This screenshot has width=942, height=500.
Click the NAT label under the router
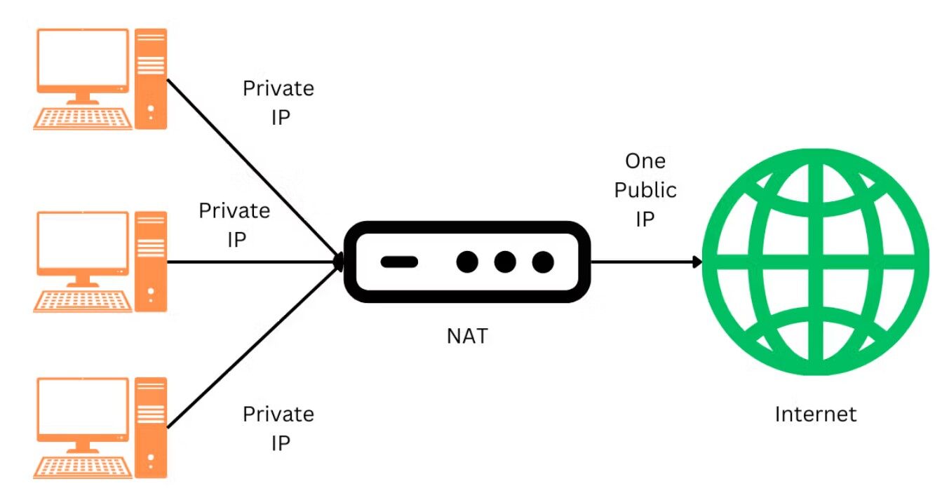pos(466,336)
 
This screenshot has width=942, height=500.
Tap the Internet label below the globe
pos(815,414)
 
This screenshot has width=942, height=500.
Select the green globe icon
pos(816,262)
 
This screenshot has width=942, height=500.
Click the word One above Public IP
pos(645,161)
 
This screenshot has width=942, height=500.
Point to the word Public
pos(645,189)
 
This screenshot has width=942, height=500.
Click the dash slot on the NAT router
pos(399,262)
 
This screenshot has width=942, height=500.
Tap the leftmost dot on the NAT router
pos(467,262)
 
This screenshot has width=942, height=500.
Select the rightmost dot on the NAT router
pos(543,262)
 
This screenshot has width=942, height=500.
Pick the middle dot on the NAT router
pos(505,262)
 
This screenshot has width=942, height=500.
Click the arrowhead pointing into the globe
pos(697,262)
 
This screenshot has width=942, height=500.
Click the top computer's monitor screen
pos(83,59)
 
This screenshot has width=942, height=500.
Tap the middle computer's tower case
pos(152,262)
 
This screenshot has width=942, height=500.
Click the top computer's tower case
pos(152,79)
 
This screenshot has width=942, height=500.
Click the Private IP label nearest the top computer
pos(278,102)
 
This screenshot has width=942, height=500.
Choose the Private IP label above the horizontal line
pos(235,224)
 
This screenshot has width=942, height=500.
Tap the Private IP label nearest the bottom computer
pos(278,428)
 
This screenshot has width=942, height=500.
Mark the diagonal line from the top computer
pos(253,168)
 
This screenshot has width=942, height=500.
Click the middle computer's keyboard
pos(83,302)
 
